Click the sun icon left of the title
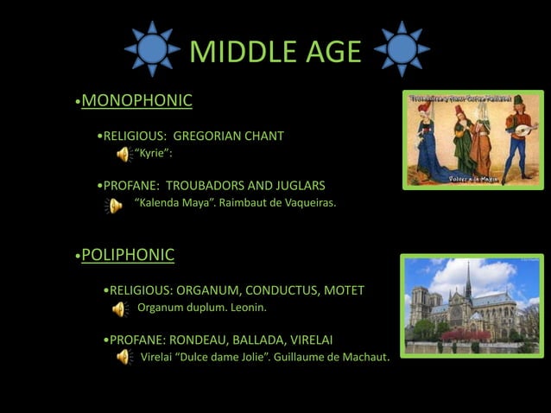152,48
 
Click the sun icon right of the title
402,48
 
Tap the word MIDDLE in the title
235,52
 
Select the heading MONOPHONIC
136,101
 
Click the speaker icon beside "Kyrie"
123,155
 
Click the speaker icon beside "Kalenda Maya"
113,205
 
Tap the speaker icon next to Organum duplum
119,308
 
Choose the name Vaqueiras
303,203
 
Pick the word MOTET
344,290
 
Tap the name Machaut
361,356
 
